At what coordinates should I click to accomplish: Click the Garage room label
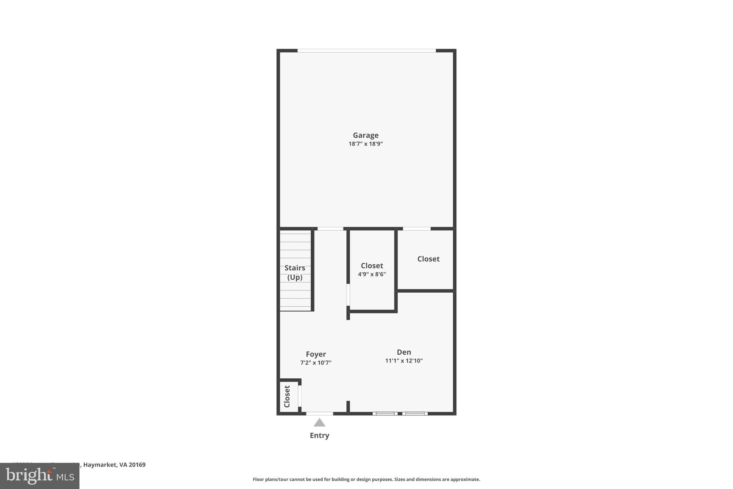coord(365,135)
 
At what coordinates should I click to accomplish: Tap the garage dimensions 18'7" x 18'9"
coord(365,144)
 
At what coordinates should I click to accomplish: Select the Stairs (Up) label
coord(295,273)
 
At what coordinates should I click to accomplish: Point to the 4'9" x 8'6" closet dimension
coord(372,274)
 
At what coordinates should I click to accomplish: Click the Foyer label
coord(316,354)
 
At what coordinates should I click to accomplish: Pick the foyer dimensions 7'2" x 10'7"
coord(316,363)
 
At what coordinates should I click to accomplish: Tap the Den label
coord(404,352)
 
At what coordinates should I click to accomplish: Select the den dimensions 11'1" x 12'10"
coord(404,361)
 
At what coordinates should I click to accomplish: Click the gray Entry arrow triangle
coord(319,423)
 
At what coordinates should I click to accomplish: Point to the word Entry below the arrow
coord(319,436)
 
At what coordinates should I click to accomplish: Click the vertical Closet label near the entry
coord(287,397)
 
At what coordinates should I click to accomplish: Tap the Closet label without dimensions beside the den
coord(428,259)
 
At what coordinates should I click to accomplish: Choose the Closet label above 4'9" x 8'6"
coord(372,266)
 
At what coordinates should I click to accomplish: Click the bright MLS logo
coord(39,476)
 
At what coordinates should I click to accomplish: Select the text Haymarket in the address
coord(99,465)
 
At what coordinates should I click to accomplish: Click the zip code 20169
coord(137,465)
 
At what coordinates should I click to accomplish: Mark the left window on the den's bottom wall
coord(385,413)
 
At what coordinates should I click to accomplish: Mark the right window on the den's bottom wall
coord(415,413)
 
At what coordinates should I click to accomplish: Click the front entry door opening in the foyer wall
coord(319,413)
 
